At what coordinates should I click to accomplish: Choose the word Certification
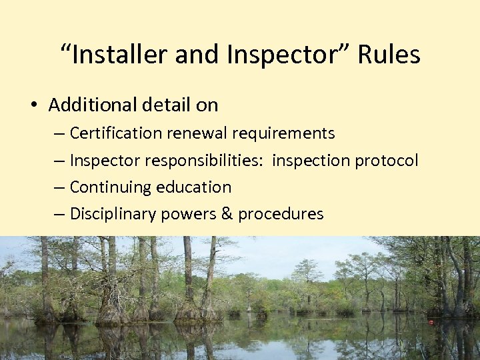[x=116, y=133]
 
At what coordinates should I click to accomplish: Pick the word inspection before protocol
[x=312, y=161]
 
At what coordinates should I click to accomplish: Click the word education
[x=193, y=187]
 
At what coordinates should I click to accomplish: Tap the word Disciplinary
[x=111, y=214]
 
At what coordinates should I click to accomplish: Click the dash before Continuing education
[x=59, y=187]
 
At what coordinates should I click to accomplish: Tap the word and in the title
[x=198, y=55]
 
